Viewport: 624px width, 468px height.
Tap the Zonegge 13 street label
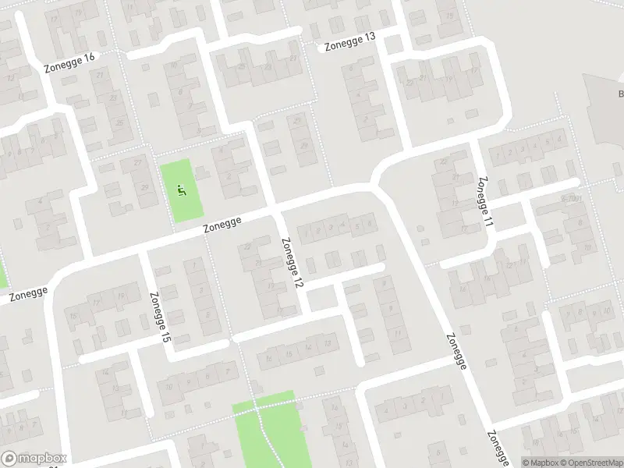(x=349, y=42)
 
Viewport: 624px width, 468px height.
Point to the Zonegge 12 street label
(x=290, y=262)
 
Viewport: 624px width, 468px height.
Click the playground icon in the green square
(x=181, y=189)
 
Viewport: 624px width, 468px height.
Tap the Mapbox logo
(x=34, y=459)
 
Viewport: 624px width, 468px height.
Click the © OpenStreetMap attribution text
(x=590, y=462)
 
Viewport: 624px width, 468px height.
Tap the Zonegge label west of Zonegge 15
(x=29, y=293)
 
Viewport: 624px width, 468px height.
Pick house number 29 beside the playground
(x=144, y=188)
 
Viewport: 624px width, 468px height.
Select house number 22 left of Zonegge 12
(x=249, y=247)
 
